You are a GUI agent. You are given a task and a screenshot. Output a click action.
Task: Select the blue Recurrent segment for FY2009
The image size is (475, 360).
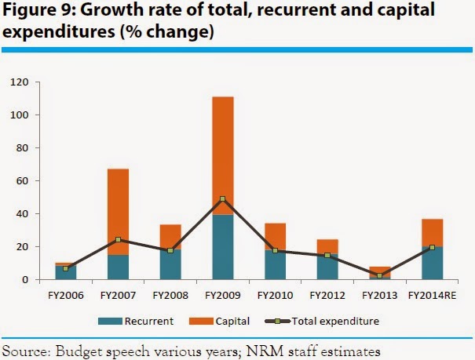click(222, 247)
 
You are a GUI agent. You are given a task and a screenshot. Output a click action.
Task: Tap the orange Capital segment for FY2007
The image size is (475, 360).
click(118, 212)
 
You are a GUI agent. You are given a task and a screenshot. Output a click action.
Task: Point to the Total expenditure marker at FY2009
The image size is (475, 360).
click(222, 199)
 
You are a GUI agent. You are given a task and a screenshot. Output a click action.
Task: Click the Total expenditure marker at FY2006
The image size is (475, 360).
click(66, 268)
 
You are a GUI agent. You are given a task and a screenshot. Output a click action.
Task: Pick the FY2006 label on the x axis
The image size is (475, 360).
click(66, 296)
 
